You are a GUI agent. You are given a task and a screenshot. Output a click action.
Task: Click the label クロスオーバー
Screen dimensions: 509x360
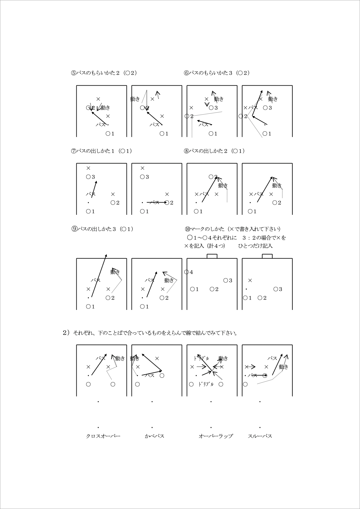(x=103, y=436)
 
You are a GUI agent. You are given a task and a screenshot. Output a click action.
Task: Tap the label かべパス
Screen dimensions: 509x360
(x=154, y=436)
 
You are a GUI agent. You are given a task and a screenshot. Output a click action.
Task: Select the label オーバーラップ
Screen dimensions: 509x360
(x=216, y=436)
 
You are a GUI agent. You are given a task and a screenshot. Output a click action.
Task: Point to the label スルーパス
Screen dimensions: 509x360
(x=260, y=436)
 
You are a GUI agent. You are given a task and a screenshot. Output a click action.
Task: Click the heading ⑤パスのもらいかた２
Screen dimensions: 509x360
(x=104, y=73)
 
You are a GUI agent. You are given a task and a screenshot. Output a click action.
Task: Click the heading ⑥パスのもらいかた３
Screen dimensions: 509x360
(x=217, y=73)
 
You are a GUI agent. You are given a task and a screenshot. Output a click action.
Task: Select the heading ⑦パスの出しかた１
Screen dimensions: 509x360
(x=102, y=151)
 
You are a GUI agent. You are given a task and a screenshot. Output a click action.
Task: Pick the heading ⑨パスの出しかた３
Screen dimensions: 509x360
(x=102, y=229)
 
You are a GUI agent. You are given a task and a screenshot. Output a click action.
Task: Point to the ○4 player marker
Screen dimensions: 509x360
(x=188, y=272)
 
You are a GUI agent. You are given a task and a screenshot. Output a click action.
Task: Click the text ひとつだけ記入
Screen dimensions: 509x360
(x=255, y=246)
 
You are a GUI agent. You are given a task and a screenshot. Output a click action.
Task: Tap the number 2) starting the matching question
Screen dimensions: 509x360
(x=66, y=333)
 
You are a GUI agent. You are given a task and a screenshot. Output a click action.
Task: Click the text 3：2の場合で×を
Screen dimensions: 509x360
(x=264, y=238)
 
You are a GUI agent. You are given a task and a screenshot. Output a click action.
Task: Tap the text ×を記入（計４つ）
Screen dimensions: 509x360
(x=204, y=246)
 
